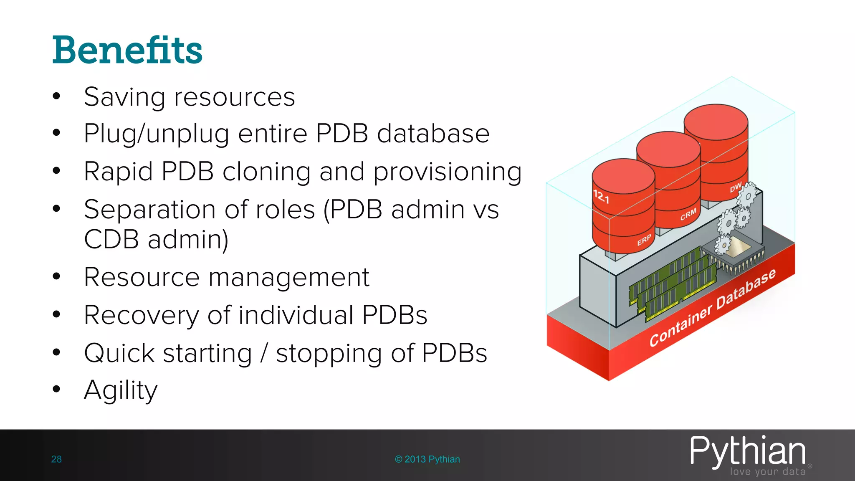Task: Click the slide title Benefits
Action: pyautogui.click(x=127, y=50)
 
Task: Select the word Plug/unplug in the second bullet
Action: pyautogui.click(x=156, y=134)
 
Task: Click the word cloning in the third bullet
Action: pyautogui.click(x=266, y=172)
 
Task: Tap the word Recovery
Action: pyautogui.click(x=141, y=315)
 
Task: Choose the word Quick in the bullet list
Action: pyautogui.click(x=119, y=353)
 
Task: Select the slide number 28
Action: pyautogui.click(x=56, y=459)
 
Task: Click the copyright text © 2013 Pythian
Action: pyautogui.click(x=427, y=459)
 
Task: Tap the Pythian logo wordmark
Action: pyautogui.click(x=747, y=451)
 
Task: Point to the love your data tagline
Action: pyautogui.click(x=767, y=472)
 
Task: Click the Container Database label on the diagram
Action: pyautogui.click(x=712, y=308)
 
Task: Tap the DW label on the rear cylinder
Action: pyautogui.click(x=735, y=187)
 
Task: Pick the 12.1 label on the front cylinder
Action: pyautogui.click(x=601, y=196)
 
